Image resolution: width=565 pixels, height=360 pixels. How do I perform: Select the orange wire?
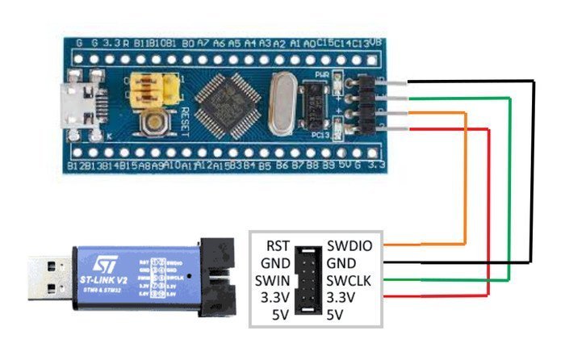(467, 178)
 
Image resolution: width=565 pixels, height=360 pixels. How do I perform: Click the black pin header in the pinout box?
(308, 278)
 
